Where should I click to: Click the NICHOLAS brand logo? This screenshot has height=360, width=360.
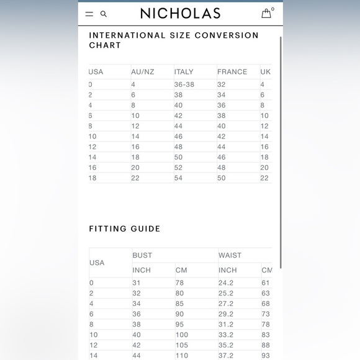[x=179, y=13]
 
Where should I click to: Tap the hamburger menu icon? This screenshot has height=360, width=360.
[x=89, y=14]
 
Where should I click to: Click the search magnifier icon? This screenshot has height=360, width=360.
[x=104, y=14]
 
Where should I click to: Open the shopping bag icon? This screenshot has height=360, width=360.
[x=266, y=13]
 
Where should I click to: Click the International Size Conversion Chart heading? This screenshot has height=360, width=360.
[x=174, y=40]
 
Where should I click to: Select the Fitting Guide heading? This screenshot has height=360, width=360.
[x=125, y=228]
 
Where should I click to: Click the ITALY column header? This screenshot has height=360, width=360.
[x=184, y=72]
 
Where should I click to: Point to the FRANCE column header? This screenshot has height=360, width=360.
[x=232, y=72]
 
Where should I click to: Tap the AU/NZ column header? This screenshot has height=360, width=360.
[x=142, y=72]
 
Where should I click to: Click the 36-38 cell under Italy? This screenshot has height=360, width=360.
[x=184, y=84]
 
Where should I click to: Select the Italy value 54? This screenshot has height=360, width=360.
[x=179, y=178]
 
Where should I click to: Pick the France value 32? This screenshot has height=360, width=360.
[x=222, y=84]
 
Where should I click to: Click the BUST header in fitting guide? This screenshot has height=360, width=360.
[x=142, y=255]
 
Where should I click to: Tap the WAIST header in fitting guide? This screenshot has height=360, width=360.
[x=230, y=255]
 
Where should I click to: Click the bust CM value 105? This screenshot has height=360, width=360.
[x=181, y=345]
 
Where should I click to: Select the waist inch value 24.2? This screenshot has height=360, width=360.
[x=226, y=282]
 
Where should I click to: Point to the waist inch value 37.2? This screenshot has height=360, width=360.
[x=226, y=356]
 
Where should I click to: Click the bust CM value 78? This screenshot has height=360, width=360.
[x=179, y=282]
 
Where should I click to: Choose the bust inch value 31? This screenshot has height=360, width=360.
[x=137, y=282]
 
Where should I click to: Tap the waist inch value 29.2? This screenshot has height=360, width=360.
[x=226, y=314]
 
